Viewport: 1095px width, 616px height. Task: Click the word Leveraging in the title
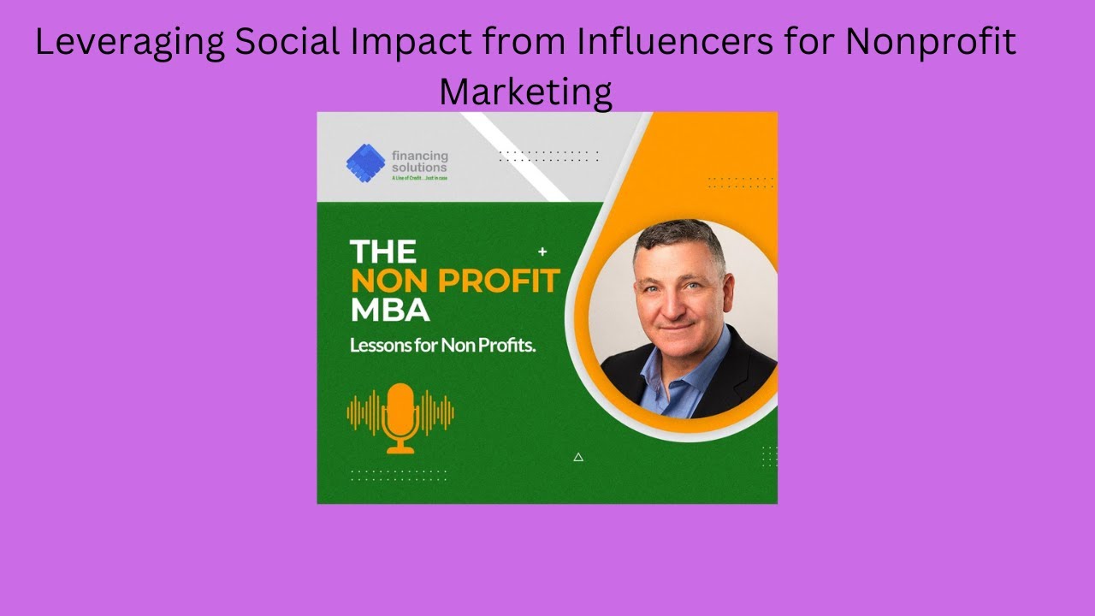click(127, 43)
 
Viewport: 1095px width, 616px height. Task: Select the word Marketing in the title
click(525, 91)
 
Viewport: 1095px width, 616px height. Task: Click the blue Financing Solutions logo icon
click(365, 163)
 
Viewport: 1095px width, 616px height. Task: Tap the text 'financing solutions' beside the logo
click(419, 161)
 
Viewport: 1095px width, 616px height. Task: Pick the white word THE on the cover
click(382, 252)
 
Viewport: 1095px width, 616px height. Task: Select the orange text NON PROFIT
click(454, 281)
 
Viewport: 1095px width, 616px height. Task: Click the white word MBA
click(389, 310)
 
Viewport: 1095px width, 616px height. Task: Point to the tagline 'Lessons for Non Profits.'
click(442, 346)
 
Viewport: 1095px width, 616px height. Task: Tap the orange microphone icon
click(400, 417)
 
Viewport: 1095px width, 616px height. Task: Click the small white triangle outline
click(578, 457)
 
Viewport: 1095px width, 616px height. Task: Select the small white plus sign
click(542, 252)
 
